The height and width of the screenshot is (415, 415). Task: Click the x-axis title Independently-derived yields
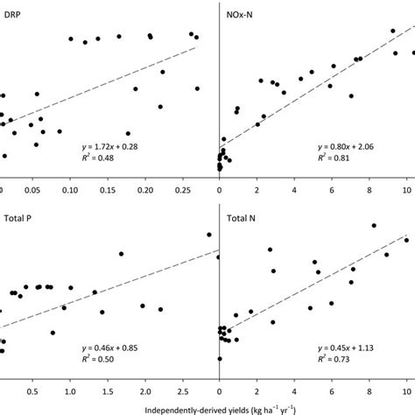tap(207, 407)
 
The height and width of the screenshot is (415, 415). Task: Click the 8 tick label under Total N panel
tap(369, 391)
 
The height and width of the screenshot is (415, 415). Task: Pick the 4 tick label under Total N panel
tap(294, 391)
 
